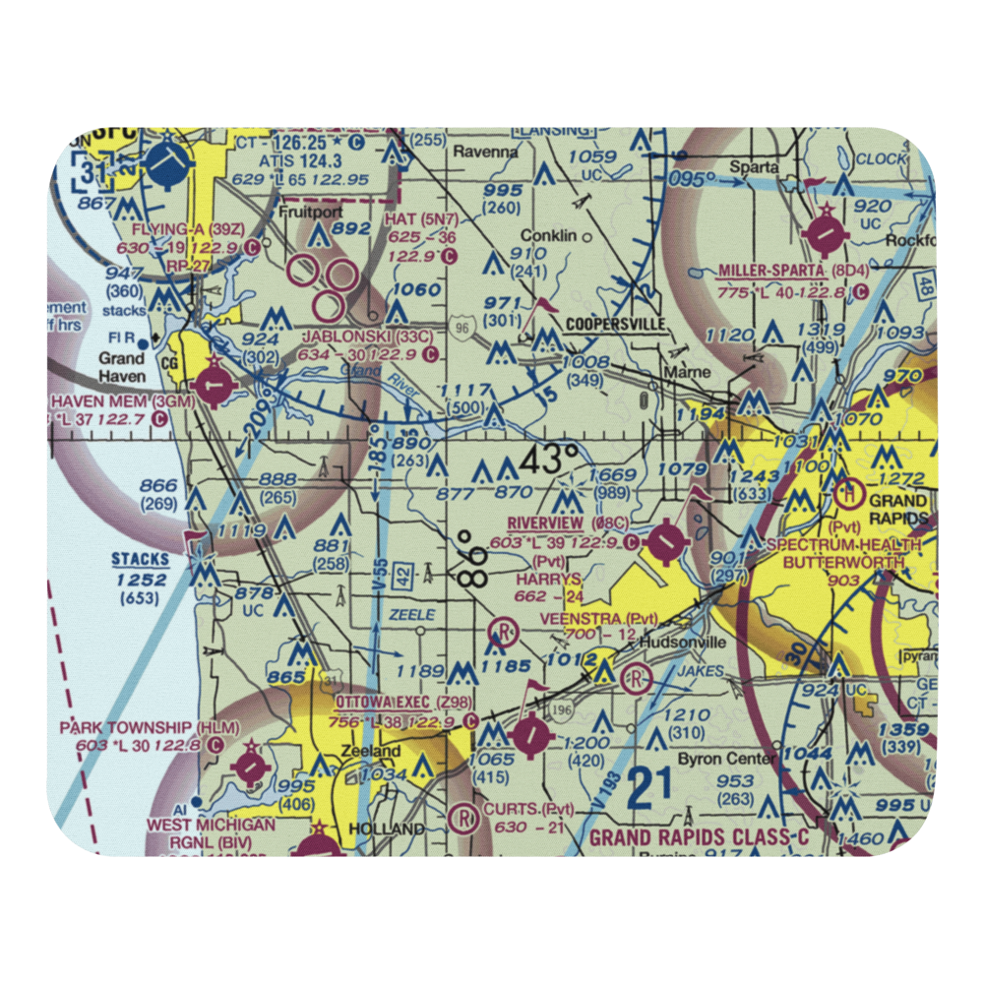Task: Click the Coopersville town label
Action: (x=614, y=323)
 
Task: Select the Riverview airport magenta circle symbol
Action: (x=667, y=539)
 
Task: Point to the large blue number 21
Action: (x=650, y=787)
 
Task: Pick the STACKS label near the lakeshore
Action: (x=140, y=560)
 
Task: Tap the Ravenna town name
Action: (x=485, y=153)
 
